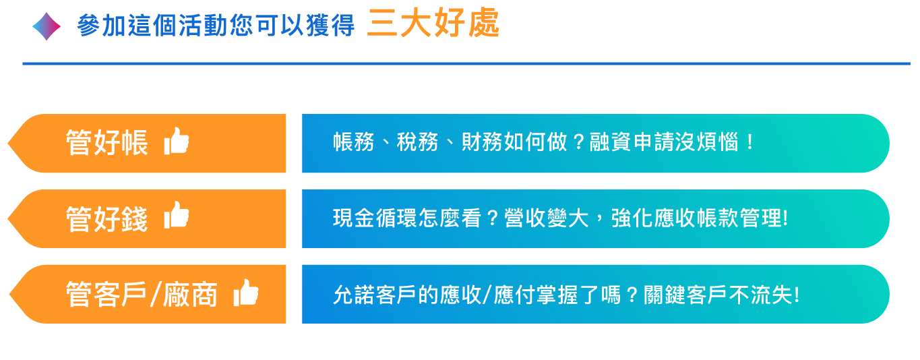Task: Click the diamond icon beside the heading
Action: pos(47,26)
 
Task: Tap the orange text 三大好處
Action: pos(433,23)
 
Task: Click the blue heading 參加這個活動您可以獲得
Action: pos(216,26)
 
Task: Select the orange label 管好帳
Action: pos(106,143)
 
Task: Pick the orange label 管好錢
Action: pos(106,218)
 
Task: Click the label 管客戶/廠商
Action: pos(142,294)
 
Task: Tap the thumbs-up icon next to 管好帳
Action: pos(177,141)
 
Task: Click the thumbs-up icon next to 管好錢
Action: pos(177,214)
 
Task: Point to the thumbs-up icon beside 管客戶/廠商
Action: pos(246,293)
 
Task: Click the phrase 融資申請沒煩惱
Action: pos(664,142)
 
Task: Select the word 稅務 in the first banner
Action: pos(417,142)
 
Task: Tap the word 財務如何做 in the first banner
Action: pos(514,142)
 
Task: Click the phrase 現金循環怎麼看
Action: pos(406,218)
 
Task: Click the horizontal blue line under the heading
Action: pos(466,63)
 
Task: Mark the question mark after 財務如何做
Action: pos(578,143)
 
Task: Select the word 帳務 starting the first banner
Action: pos(353,142)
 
